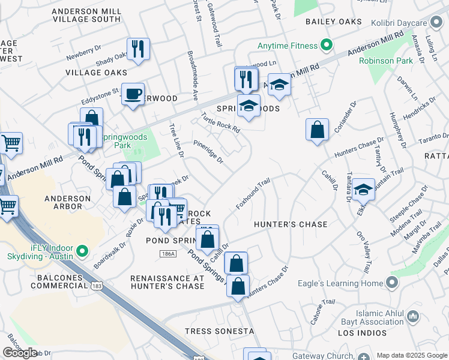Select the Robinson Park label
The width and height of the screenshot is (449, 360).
coord(385,61)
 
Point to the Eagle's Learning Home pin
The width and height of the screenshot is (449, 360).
coord(393,283)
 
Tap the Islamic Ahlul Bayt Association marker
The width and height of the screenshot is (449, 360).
coord(412,316)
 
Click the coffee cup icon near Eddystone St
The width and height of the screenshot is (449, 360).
coord(133,94)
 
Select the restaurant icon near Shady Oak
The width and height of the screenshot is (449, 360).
coord(138,49)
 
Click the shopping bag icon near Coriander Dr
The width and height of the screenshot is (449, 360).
coord(317,129)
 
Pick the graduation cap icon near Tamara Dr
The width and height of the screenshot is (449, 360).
coord(363,190)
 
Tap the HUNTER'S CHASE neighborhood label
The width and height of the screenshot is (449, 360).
coord(291,224)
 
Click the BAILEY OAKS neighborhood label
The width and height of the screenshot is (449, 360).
coord(334,22)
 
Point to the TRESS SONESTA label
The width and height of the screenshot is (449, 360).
coord(219,331)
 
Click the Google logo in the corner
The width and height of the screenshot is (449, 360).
coord(20,353)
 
